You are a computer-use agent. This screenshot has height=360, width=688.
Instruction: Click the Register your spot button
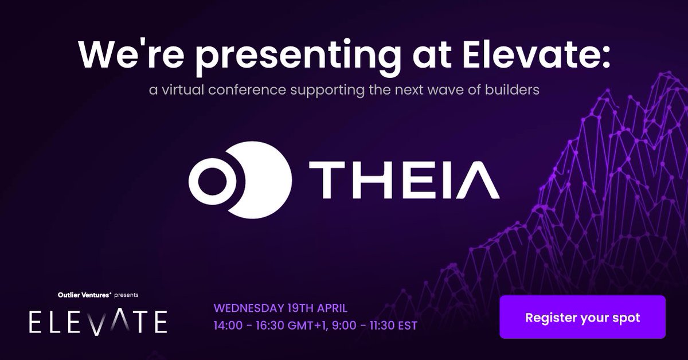[x=582, y=317]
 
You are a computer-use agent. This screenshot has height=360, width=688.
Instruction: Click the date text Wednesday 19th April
[x=280, y=307]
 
